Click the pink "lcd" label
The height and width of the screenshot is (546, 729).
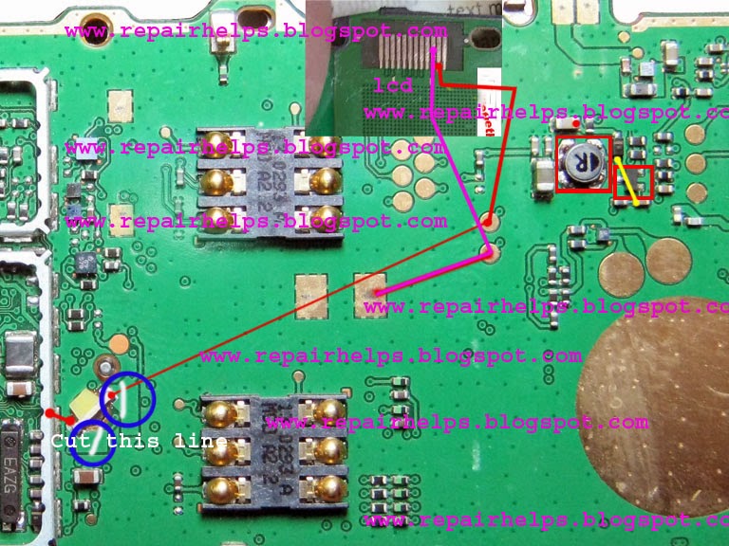pyautogui.click(x=393, y=86)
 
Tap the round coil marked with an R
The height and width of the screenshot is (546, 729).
pyautogui.click(x=583, y=162)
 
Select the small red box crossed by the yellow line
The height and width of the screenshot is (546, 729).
pyautogui.click(x=633, y=185)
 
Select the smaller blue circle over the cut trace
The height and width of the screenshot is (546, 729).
pyautogui.click(x=92, y=443)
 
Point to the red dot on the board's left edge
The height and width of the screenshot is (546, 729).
pyautogui.click(x=49, y=413)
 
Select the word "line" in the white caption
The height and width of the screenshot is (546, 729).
pyautogui.click(x=201, y=442)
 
